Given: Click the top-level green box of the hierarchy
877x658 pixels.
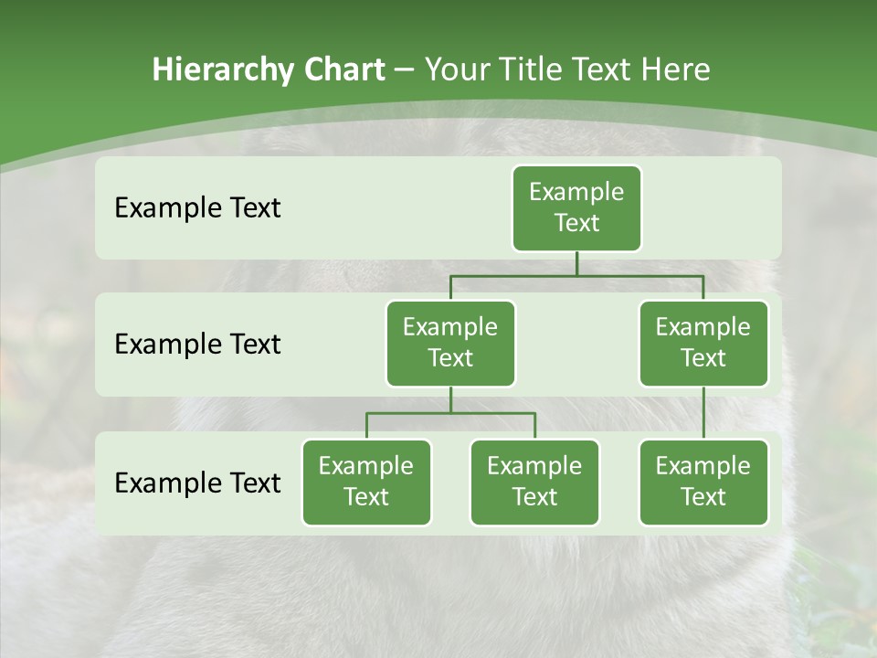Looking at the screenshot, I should pos(576,207).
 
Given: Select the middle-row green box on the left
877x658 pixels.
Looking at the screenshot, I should pos(450,343).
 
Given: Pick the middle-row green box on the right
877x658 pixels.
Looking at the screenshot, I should pos(703,343).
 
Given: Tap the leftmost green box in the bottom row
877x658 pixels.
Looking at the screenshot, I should pos(366,482).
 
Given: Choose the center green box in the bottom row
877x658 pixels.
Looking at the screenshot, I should pos(534,482).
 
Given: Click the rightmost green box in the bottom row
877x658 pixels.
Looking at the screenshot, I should pos(703,482).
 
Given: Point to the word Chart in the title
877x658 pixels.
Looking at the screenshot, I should pos(341,69).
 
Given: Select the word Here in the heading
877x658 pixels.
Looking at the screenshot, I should pos(677,69).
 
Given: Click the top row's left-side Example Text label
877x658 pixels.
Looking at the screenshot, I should pos(197,207).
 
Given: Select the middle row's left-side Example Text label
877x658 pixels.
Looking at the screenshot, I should pos(197,344).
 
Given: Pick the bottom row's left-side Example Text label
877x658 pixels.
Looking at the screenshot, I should pos(197,483).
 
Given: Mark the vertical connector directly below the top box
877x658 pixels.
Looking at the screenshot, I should pos(576,263).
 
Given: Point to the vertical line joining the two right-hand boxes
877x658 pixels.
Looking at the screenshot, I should pos(703,413).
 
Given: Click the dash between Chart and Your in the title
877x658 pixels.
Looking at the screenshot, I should pos(405,69).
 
